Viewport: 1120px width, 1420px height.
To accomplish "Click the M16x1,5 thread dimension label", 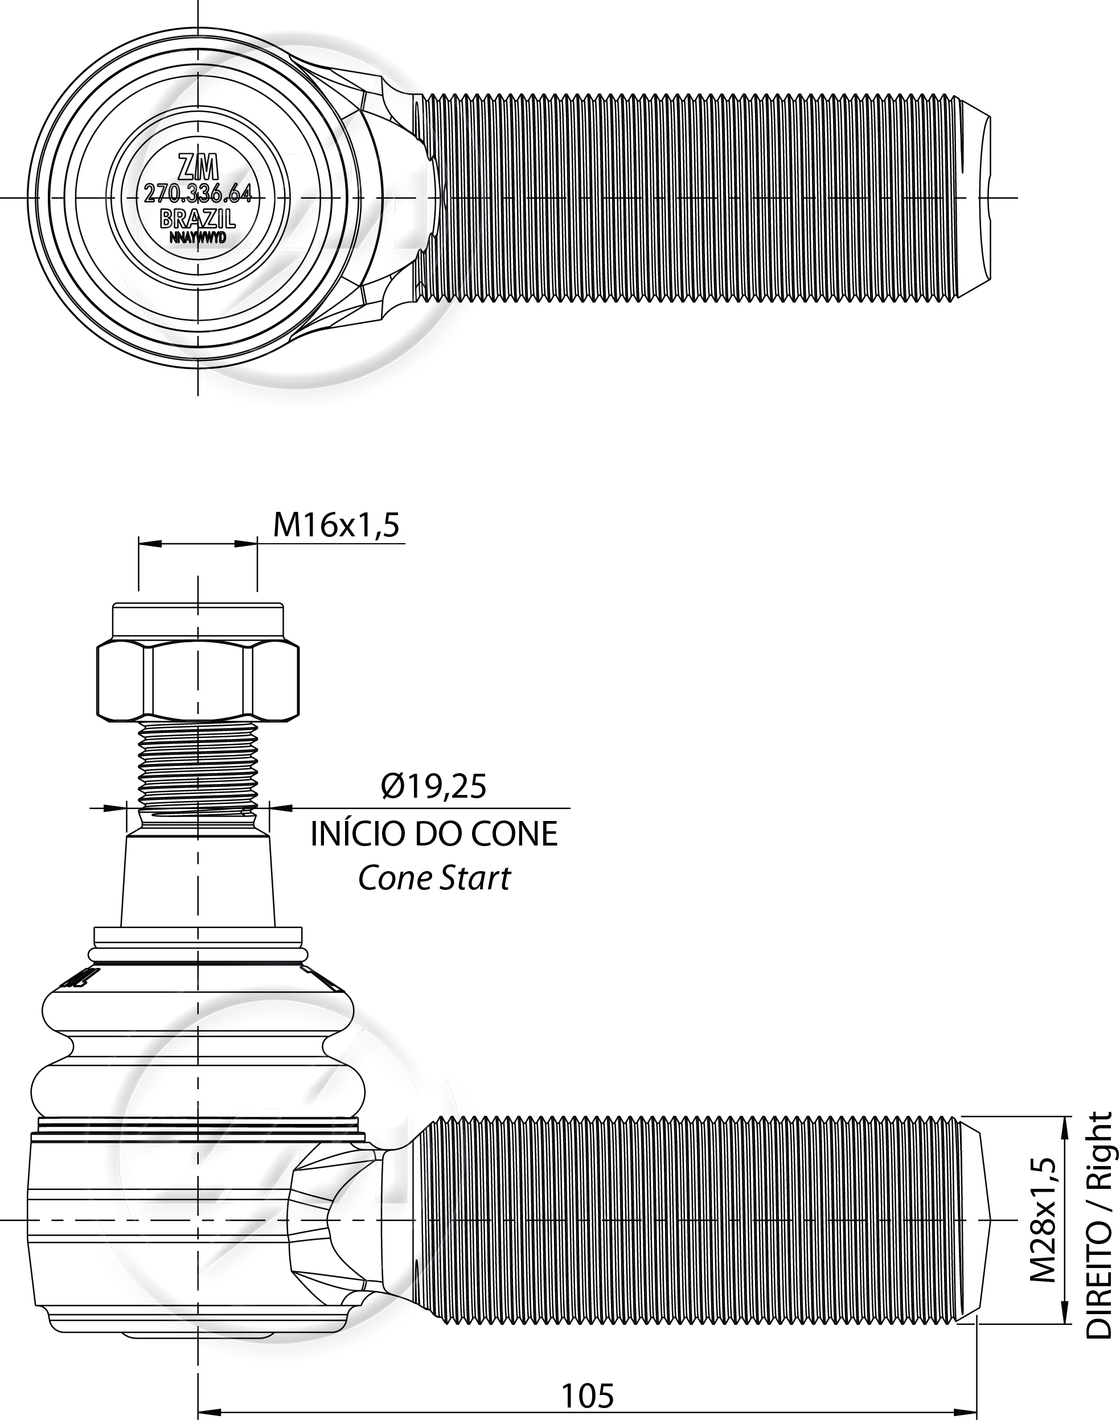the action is (336, 525).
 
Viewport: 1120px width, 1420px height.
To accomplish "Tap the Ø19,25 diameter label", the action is (434, 787).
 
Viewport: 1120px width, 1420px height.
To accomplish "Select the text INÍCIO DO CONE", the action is (434, 834).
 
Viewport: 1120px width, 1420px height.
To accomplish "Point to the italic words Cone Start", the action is (434, 879).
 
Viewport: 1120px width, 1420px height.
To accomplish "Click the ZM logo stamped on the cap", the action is (198, 169).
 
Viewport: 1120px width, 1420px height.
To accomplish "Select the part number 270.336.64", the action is (198, 194).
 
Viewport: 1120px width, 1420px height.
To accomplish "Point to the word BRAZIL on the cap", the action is (198, 217).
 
